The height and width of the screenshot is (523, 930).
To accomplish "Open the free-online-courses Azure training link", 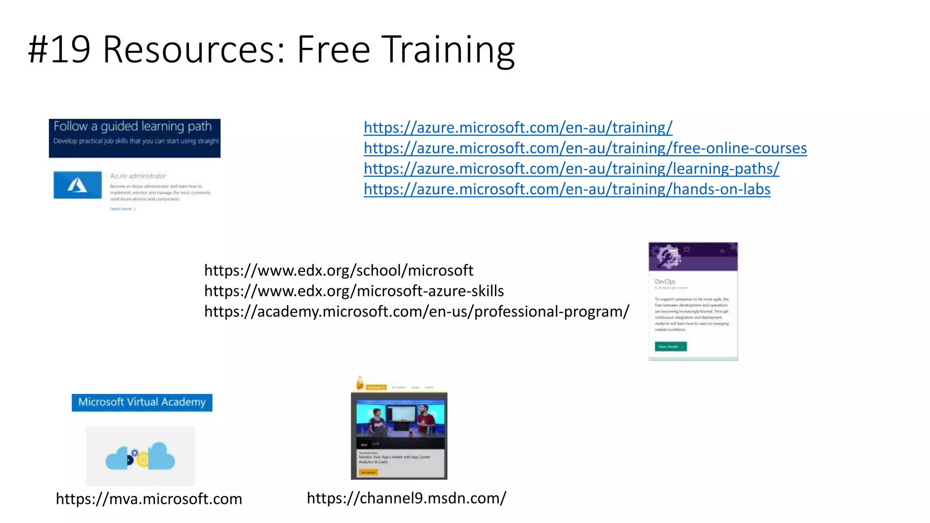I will click(585, 148).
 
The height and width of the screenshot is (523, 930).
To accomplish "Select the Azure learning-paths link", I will click(571, 168).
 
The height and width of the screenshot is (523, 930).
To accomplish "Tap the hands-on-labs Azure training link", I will click(567, 189).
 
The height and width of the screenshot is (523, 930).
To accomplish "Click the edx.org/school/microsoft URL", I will click(338, 271).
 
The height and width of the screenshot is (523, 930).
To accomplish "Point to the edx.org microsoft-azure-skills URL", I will click(354, 291).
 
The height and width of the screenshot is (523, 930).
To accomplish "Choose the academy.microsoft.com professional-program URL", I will click(416, 311).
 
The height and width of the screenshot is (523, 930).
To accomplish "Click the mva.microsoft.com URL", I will click(149, 498).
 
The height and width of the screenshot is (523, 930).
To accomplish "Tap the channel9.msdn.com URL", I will click(406, 498).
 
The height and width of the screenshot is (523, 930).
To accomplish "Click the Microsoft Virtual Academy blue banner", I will click(142, 402).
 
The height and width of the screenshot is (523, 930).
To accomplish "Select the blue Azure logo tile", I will click(78, 185).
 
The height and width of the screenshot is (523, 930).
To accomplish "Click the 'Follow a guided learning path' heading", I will click(133, 126).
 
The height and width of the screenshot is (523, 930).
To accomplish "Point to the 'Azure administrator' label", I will click(138, 176).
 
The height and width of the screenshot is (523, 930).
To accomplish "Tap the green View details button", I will click(670, 346).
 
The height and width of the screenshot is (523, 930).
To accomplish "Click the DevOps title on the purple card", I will click(665, 281).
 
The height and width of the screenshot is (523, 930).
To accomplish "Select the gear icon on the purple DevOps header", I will click(668, 257).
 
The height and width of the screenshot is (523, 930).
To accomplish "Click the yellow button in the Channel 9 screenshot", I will click(368, 472).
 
